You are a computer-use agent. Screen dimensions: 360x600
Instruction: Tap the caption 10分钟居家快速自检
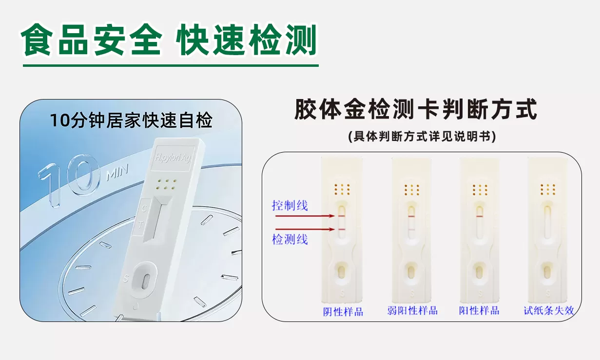(131, 120)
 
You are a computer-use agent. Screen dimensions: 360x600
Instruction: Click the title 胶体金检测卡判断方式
(415, 110)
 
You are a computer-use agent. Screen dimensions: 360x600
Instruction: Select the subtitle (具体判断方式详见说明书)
(422, 137)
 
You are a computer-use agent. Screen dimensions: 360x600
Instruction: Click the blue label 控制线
(290, 205)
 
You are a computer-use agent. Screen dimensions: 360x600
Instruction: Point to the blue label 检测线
(290, 239)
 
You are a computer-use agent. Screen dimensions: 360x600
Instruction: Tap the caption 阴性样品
(343, 311)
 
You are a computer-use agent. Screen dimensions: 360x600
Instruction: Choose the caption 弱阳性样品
(412, 311)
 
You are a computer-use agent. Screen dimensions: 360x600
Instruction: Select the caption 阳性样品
(479, 311)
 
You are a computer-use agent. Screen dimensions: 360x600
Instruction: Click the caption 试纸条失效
(548, 311)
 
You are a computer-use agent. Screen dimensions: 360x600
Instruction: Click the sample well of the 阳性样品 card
(479, 270)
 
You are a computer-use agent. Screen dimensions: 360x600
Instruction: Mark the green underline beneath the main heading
(171, 65)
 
